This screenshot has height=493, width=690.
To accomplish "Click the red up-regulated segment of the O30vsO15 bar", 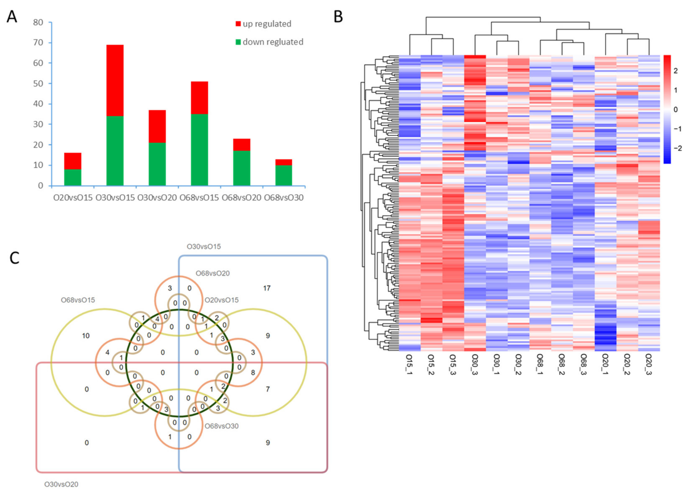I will pos(115,80).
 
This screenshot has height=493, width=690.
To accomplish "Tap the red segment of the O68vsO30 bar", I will pos(284,162).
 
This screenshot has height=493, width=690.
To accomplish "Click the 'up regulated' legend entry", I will pos(263,24).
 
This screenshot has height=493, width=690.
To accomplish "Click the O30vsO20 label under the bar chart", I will pos(157,198).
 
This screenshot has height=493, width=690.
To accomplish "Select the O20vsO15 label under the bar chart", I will pos(73,198).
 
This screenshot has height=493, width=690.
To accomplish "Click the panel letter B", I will pos(338,17).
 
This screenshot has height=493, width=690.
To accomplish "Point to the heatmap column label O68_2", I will pos(562,364).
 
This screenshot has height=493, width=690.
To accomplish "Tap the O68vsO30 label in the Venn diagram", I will pos(221,426).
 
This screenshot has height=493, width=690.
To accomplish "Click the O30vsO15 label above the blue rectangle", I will pos(204,246).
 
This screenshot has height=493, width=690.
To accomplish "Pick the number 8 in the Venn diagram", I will pos(253,372).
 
